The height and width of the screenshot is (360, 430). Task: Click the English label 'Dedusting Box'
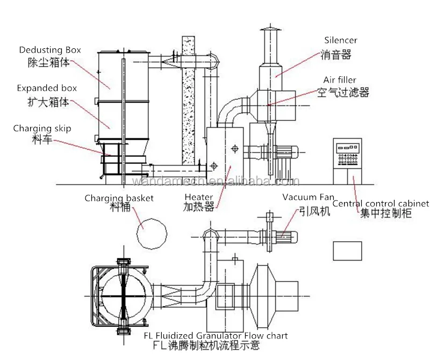50,50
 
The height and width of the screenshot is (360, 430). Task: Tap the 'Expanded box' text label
47,88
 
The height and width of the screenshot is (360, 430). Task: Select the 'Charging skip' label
42,128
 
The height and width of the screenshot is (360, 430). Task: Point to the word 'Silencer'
340,40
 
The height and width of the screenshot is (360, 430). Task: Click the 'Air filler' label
340,80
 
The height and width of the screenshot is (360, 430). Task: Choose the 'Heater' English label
199,197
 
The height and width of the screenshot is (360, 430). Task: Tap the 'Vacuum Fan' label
304,197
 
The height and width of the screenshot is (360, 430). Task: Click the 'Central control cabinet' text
381,204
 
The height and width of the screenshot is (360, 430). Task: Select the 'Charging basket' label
119,198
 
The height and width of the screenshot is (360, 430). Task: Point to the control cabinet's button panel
347,152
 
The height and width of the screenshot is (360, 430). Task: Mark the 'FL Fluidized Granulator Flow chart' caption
216,336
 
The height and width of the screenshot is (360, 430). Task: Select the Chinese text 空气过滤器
342,92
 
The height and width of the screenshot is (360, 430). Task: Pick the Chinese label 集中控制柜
379,214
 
